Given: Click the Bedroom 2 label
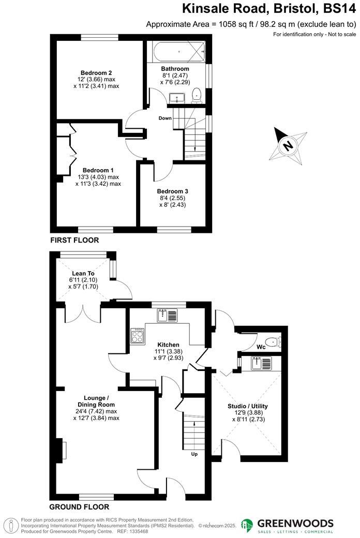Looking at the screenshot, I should [96, 72].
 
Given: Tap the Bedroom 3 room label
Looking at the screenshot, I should [172, 191].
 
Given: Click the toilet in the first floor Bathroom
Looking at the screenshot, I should [197, 95].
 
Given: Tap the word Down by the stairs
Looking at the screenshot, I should [165, 118].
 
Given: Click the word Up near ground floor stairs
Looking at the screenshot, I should [194, 454].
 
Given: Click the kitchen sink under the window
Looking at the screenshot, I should [168, 315].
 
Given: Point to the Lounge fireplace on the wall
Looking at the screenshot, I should [60, 449].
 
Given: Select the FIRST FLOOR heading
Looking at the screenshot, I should [74, 241].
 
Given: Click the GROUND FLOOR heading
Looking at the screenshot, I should [79, 507].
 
